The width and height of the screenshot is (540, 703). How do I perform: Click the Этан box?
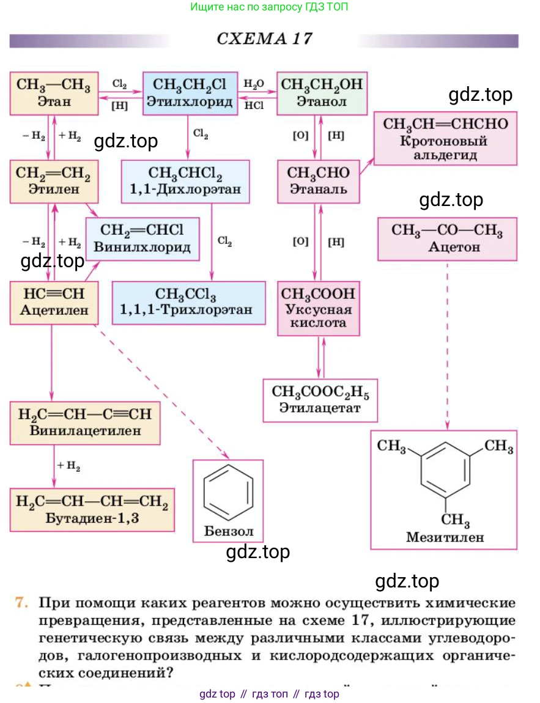54,93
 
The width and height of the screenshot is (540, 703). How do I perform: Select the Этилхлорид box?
190,93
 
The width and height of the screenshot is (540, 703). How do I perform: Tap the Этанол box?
322,93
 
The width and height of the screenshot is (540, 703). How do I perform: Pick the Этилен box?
54,182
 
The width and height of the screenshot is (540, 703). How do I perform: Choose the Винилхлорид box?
142,239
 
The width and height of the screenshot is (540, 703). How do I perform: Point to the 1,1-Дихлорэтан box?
185,182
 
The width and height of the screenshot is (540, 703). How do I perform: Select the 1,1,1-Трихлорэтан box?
188,302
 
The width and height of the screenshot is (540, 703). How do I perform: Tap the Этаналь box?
318,182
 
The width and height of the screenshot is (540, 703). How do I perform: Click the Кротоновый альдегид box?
445,139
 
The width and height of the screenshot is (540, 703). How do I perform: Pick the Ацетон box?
446,239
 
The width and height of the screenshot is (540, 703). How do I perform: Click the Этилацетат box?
320,400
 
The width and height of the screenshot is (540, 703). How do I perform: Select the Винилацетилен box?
84,422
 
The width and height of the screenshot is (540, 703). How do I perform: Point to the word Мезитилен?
445,538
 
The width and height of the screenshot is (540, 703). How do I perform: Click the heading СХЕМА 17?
264,39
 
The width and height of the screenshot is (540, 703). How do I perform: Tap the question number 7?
23,603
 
